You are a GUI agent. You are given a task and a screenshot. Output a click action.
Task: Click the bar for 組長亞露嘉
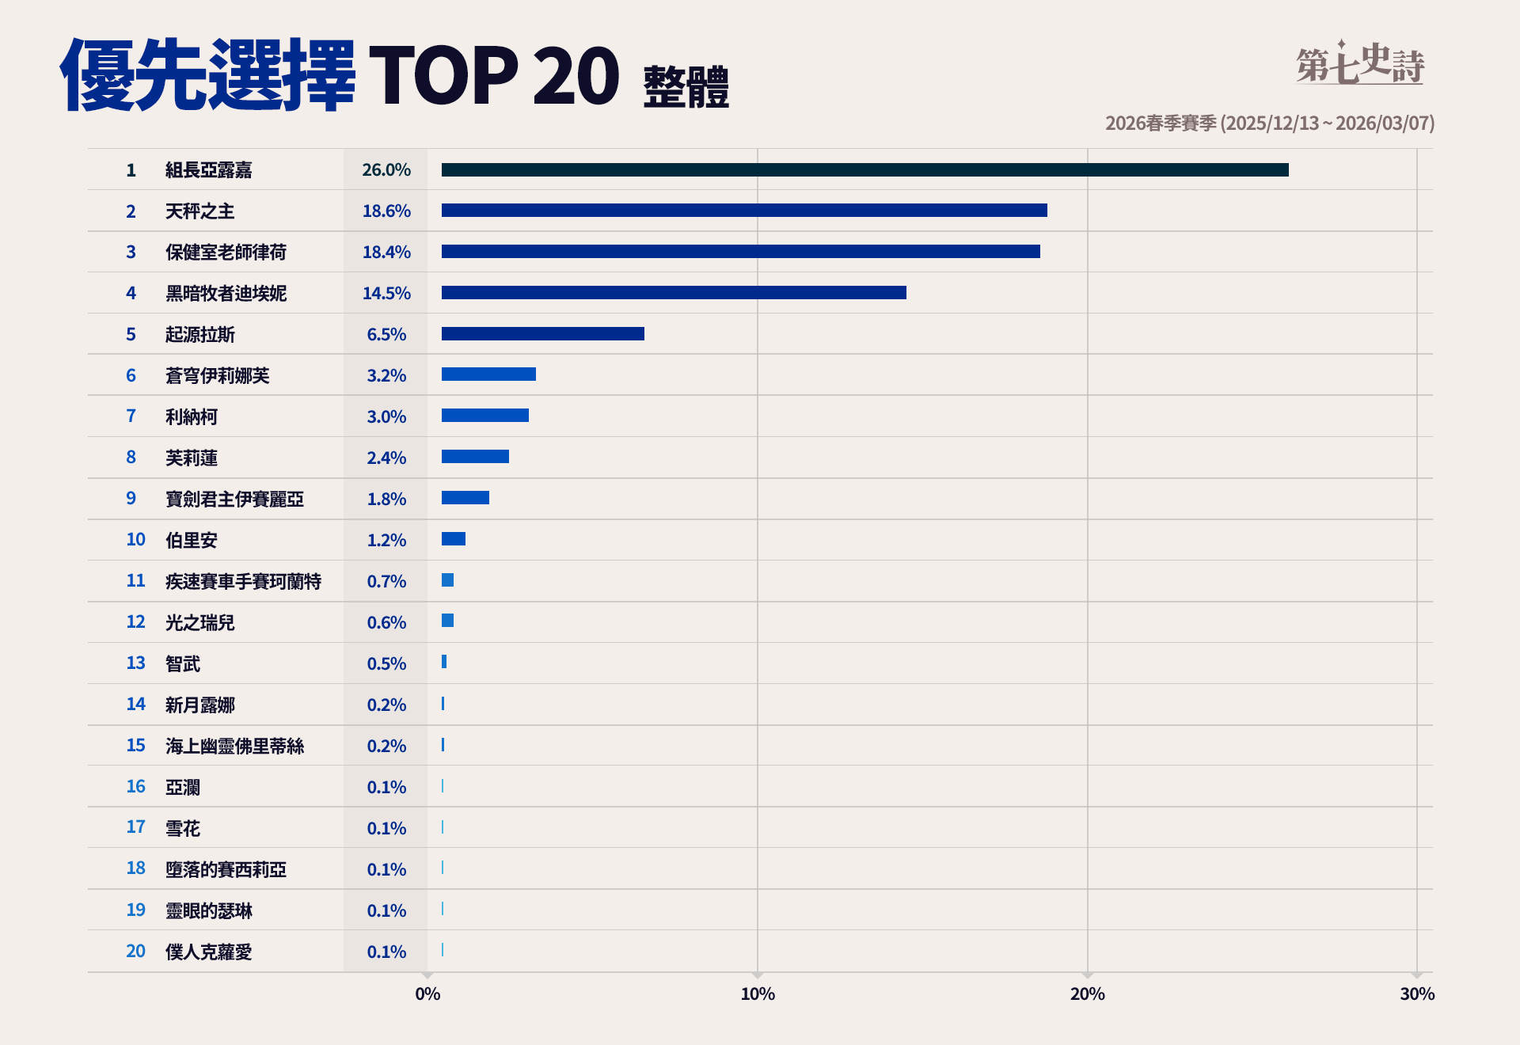coord(864,170)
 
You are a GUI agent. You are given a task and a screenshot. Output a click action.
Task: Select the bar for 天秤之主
coord(744,211)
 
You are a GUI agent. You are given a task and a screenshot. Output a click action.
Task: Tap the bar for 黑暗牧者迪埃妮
coord(674,293)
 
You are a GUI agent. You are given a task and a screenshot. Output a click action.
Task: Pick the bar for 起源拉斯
coord(543,334)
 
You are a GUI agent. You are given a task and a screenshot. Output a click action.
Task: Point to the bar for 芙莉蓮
coord(475,457)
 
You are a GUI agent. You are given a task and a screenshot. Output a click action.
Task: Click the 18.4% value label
coord(386,252)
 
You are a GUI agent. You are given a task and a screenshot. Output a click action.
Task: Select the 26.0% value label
coord(386,170)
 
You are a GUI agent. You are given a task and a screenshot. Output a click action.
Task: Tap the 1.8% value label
coord(386,499)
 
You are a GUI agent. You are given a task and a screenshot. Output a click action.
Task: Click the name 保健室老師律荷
coord(226,252)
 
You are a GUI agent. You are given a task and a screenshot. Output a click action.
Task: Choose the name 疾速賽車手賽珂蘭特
coord(243,581)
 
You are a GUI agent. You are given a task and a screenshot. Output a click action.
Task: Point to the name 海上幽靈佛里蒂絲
coord(234,746)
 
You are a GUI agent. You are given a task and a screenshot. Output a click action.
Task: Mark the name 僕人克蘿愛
coord(208,952)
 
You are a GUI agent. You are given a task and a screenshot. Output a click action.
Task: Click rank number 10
coord(135,540)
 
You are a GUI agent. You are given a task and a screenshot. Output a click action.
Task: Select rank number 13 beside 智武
coord(135,663)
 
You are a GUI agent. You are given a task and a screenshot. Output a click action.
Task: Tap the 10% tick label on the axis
coord(758,994)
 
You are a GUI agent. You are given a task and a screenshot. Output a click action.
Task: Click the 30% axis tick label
coord(1417,994)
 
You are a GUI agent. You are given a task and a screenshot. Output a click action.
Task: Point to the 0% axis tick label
coord(427,994)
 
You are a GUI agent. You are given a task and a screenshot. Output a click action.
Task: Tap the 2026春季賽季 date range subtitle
coord(1270,123)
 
